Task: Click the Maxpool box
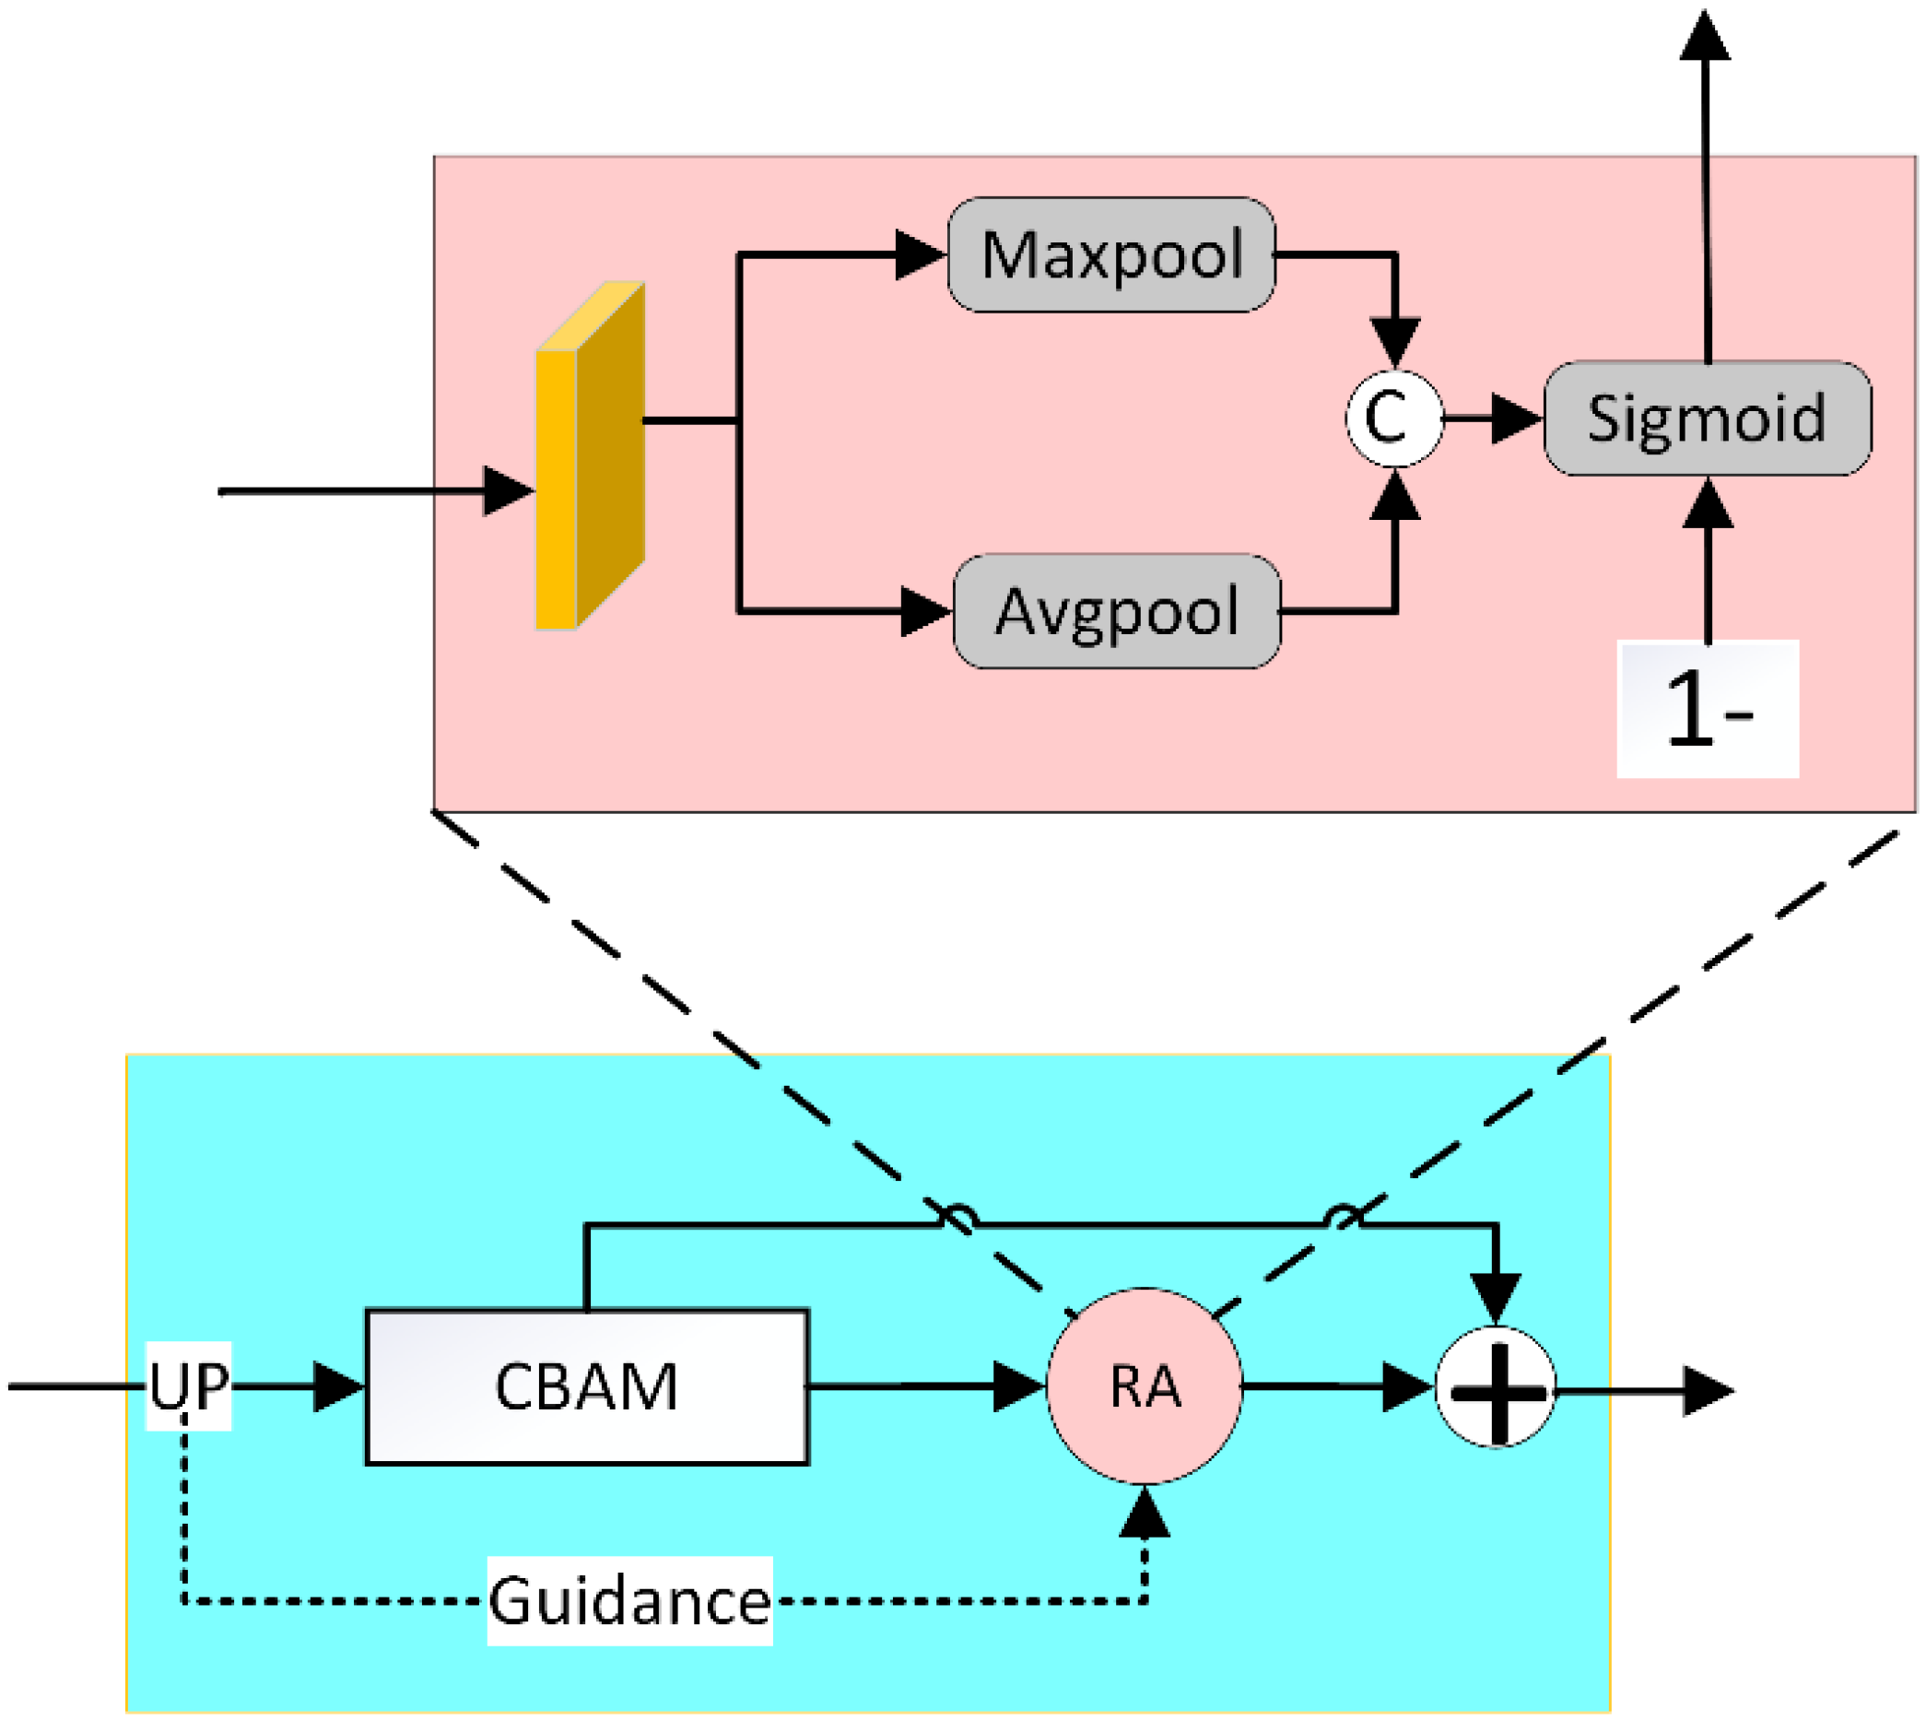point(1111,254)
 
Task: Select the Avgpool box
point(1117,611)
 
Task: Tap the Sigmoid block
point(1707,418)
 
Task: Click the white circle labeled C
point(1393,417)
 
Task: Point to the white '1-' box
point(1707,709)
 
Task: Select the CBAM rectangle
point(586,1387)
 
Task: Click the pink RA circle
point(1144,1386)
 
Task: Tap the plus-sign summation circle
point(1495,1389)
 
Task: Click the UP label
point(189,1386)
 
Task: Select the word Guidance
point(629,1602)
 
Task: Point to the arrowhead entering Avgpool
point(923,611)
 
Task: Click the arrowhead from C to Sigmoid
point(1515,418)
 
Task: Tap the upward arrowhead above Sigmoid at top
point(1705,36)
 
